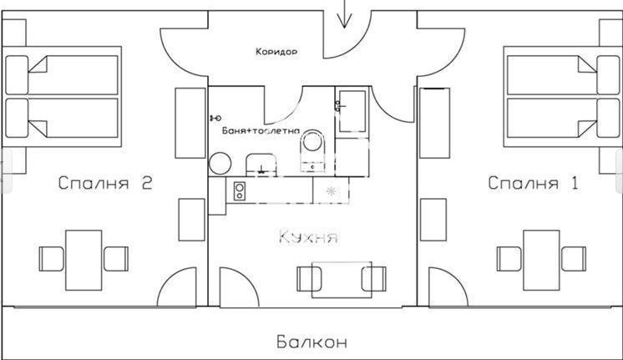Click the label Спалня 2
coord(105,185)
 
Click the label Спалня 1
coord(532,183)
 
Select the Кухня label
coord(308,238)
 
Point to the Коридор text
coord(276,51)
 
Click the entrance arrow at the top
coord(345,14)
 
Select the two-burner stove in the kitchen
coord(239,191)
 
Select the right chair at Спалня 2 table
coord(115,257)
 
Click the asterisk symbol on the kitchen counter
coord(331,191)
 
